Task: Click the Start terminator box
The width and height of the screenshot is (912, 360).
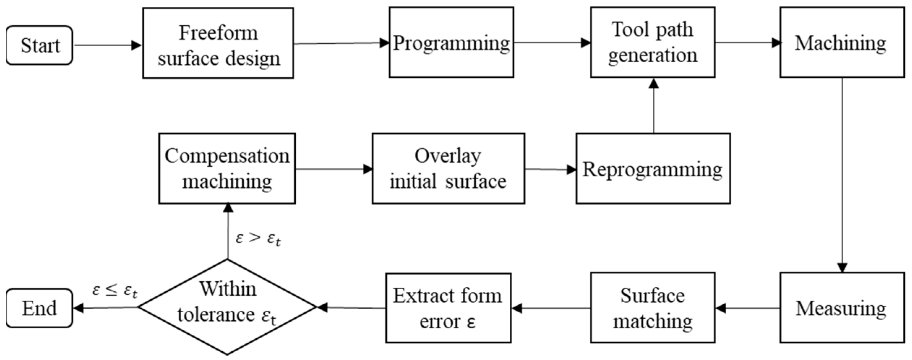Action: (39, 45)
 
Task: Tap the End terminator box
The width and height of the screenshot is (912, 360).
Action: (39, 308)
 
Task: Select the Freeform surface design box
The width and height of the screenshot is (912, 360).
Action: (218, 43)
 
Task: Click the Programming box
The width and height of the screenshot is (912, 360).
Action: (451, 42)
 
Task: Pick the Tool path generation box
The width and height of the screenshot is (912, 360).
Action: (652, 42)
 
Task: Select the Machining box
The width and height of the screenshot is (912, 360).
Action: (842, 42)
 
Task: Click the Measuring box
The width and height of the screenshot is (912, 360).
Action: (842, 308)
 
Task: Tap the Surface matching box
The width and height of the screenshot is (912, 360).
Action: (652, 308)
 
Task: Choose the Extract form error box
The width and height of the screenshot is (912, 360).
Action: (448, 308)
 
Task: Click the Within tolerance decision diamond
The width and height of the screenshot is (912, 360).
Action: (227, 307)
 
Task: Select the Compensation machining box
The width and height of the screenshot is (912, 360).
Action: (227, 168)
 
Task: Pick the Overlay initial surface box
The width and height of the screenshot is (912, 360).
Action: (448, 168)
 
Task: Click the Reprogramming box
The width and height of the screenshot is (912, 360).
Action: (653, 168)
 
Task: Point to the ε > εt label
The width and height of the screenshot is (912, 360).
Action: (258, 239)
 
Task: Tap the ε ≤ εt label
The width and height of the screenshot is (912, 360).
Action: (115, 291)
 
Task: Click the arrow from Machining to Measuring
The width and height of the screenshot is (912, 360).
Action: (842, 173)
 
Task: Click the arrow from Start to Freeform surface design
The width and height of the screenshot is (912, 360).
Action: (107, 45)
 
